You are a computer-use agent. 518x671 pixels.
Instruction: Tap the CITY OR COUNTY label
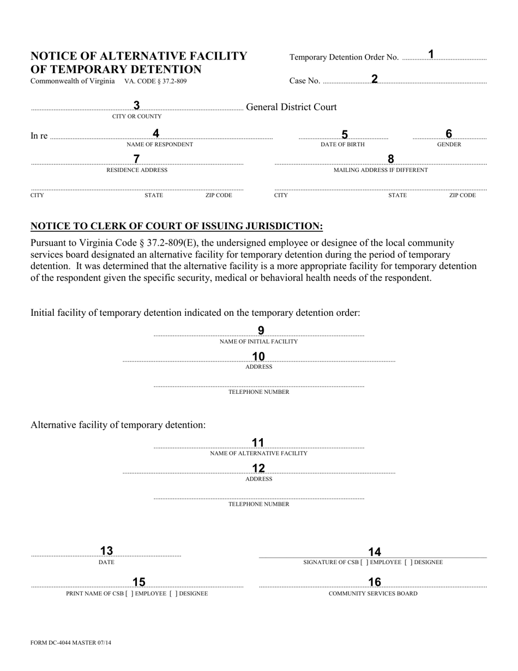(137, 116)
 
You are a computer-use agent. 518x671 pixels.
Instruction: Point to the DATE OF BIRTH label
(342, 145)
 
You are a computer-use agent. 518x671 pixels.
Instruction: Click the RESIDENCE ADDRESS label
(137, 170)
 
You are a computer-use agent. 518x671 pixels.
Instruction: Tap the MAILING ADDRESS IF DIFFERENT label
(381, 170)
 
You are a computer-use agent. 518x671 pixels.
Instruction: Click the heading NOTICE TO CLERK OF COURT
(177, 226)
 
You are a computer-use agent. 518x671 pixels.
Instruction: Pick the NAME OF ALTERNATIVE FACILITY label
(258, 453)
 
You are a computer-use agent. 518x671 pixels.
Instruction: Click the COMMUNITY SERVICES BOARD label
(373, 594)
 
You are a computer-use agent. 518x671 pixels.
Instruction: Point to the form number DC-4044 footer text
(71, 643)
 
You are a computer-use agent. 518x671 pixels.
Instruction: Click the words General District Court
(291, 107)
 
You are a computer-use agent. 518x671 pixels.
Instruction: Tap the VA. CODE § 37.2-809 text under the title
(155, 81)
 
